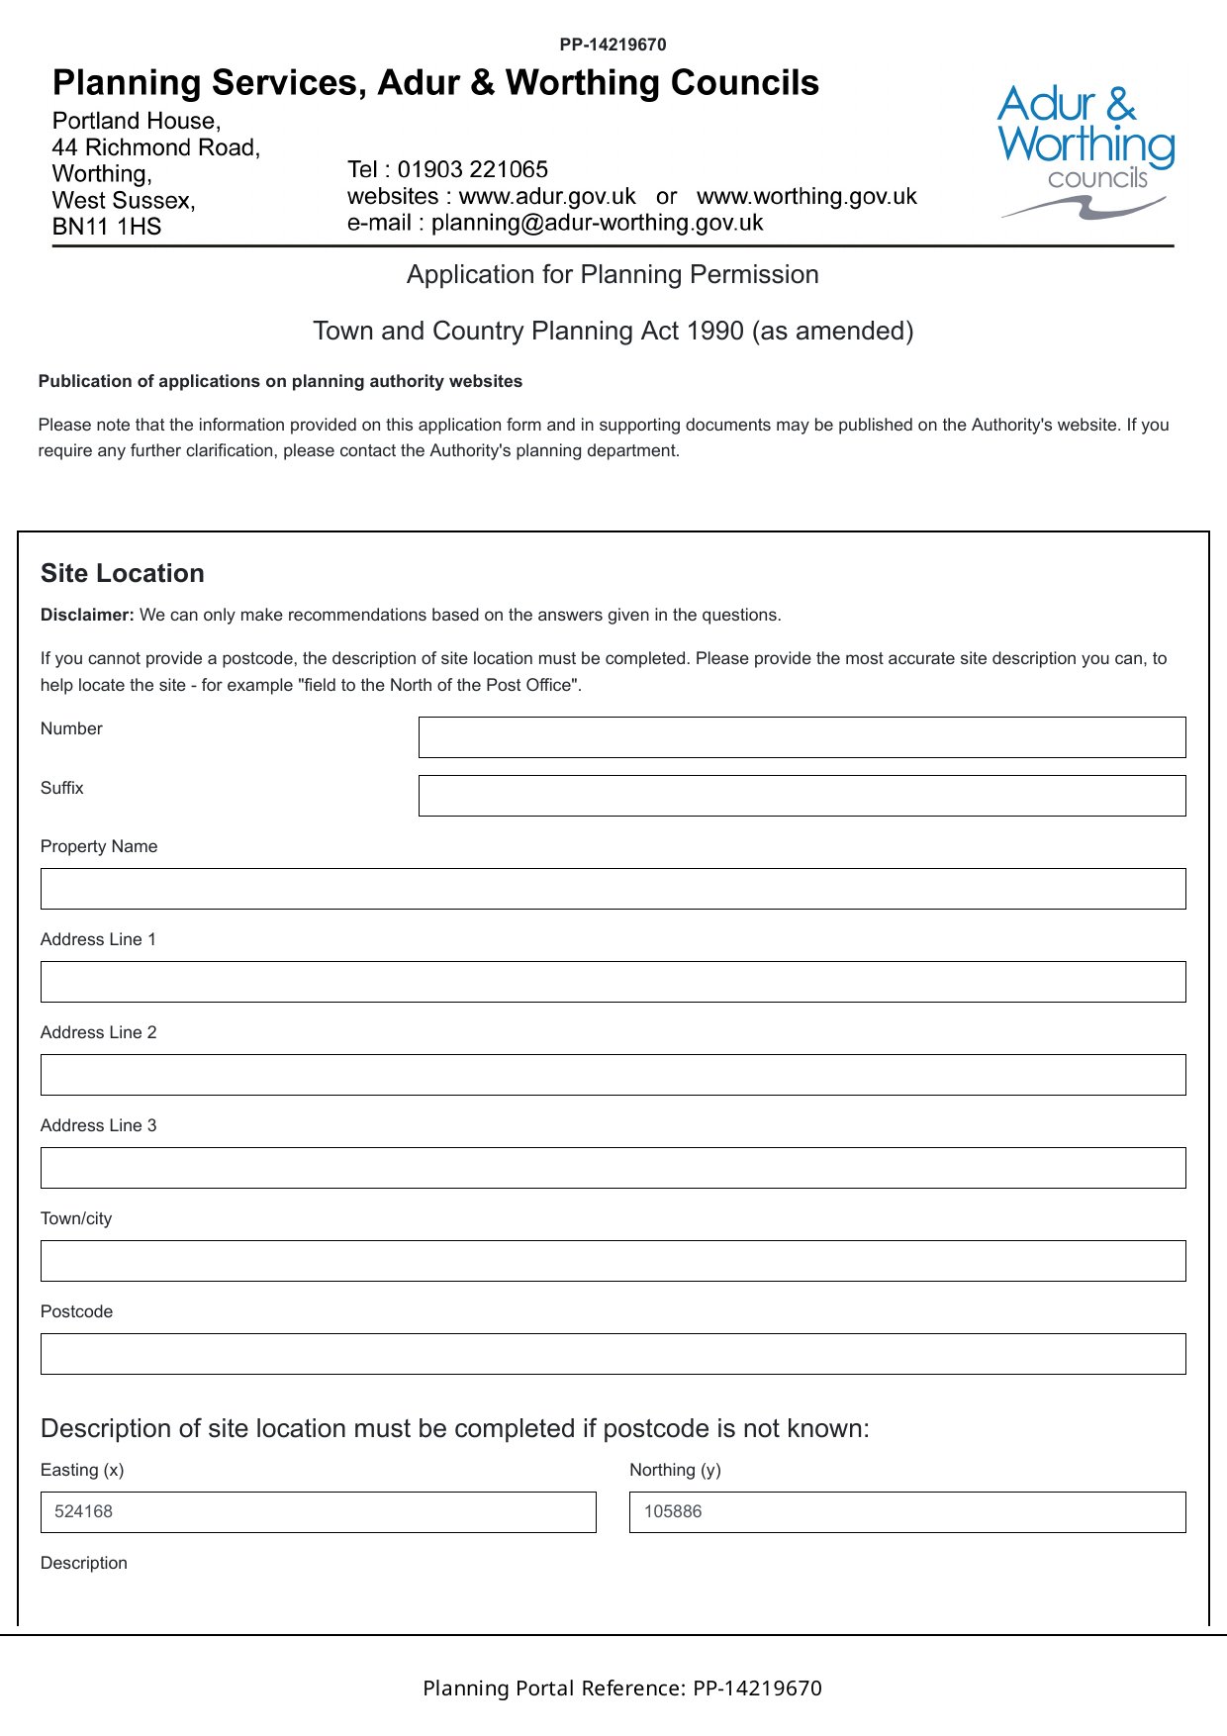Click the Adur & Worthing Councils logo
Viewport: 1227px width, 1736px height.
[x=1085, y=150]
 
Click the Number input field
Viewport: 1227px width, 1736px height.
[x=802, y=737]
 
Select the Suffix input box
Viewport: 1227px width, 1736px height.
[x=802, y=796]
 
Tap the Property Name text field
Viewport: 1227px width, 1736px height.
[x=613, y=889]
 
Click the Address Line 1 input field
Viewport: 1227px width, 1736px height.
[x=613, y=982]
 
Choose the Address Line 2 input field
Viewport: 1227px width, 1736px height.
[x=613, y=1075]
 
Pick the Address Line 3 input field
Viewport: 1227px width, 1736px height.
[x=613, y=1168]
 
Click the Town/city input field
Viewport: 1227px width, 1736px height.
[x=613, y=1261]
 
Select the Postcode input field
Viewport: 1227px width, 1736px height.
[x=613, y=1354]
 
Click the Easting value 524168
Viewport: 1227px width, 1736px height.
[x=84, y=1511]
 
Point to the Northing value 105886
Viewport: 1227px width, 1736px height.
[x=673, y=1511]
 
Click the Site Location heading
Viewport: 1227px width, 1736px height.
[x=123, y=573]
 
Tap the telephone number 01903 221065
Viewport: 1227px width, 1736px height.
[x=473, y=169]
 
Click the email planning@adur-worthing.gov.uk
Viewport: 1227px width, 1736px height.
[x=597, y=223]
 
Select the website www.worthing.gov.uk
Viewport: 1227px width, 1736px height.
[x=806, y=196]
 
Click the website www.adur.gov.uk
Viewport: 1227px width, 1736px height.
[x=547, y=196]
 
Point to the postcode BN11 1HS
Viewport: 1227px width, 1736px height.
[x=107, y=227]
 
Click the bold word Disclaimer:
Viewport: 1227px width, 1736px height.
[x=87, y=615]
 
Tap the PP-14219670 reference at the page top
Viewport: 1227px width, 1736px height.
[x=613, y=45]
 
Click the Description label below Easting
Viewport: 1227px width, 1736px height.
[x=84, y=1563]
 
